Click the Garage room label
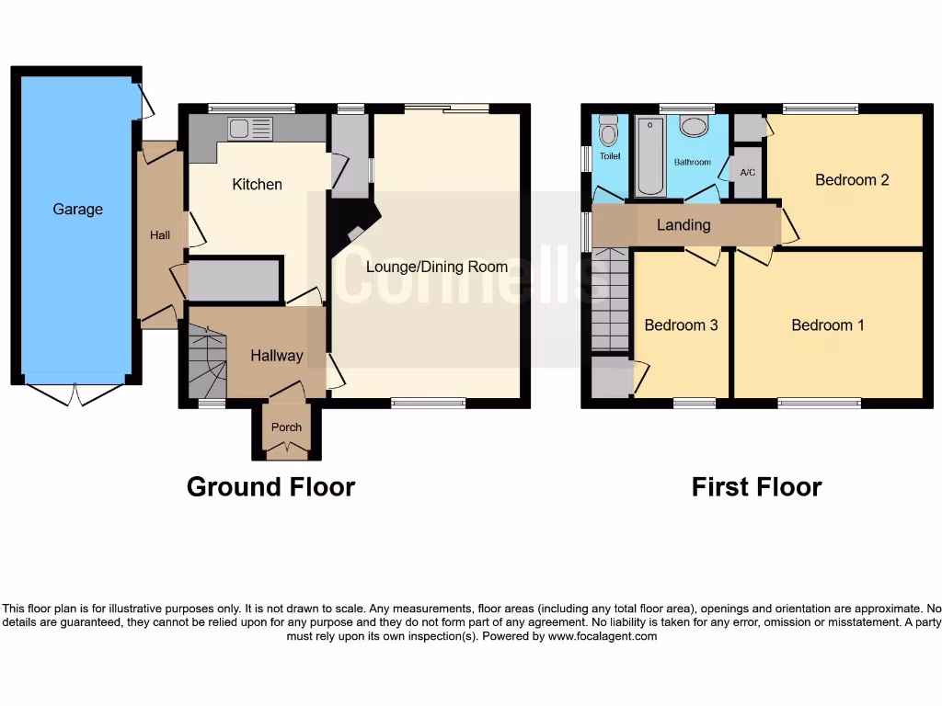(x=77, y=210)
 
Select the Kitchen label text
(x=257, y=185)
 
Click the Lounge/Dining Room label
(x=436, y=267)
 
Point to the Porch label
(x=286, y=427)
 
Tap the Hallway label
(x=276, y=356)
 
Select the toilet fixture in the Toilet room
(x=608, y=134)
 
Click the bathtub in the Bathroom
(x=650, y=155)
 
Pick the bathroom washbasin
(x=694, y=128)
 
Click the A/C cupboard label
(x=747, y=173)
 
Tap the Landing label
(x=684, y=225)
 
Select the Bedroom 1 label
(x=827, y=325)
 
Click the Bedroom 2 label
(x=852, y=180)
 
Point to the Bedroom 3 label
(x=681, y=325)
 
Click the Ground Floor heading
(x=270, y=486)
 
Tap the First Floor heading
(x=756, y=486)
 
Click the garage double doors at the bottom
(x=76, y=394)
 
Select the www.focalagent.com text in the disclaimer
(x=603, y=636)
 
